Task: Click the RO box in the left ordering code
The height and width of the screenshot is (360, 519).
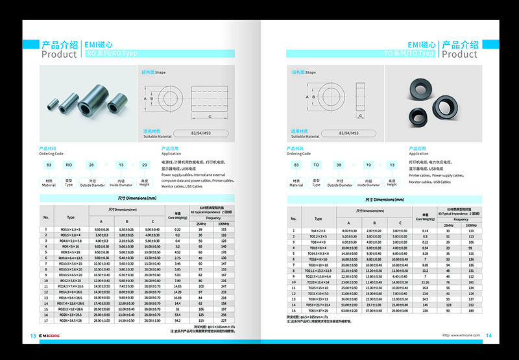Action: point(69,165)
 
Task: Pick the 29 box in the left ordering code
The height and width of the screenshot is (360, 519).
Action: point(145,165)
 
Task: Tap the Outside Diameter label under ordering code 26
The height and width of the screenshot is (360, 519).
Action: point(93,184)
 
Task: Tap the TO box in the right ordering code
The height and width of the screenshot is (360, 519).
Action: point(317,165)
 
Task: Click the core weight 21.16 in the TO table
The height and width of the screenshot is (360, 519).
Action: point(426,282)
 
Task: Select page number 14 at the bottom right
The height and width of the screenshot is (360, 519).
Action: point(489,335)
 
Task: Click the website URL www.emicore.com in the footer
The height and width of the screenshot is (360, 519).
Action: point(461,335)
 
